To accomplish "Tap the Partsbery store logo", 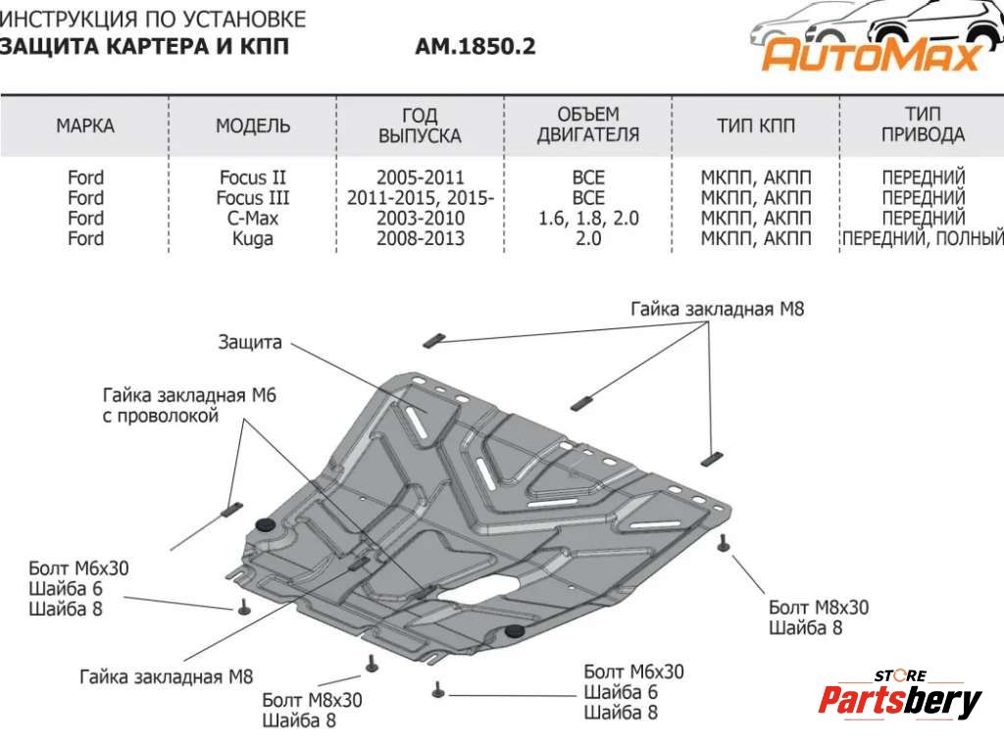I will [x=899, y=698].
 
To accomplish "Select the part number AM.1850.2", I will [x=476, y=46].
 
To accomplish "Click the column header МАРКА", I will [x=85, y=125].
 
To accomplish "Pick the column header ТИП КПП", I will [x=756, y=125].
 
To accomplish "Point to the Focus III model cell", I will [x=253, y=198].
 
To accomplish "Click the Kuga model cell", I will [x=253, y=238].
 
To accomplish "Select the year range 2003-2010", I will [x=420, y=218].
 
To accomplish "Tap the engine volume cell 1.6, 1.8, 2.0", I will [x=588, y=218].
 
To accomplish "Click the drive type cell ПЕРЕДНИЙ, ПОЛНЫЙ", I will [x=923, y=238].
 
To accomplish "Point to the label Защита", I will [x=250, y=342].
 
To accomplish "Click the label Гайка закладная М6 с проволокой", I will [x=189, y=405].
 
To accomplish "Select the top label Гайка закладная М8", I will [x=717, y=309].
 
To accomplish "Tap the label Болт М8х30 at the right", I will [x=819, y=607].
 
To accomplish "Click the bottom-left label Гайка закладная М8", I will [x=167, y=675].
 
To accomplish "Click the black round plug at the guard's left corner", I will [x=264, y=526].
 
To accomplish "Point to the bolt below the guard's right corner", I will [x=724, y=544].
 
